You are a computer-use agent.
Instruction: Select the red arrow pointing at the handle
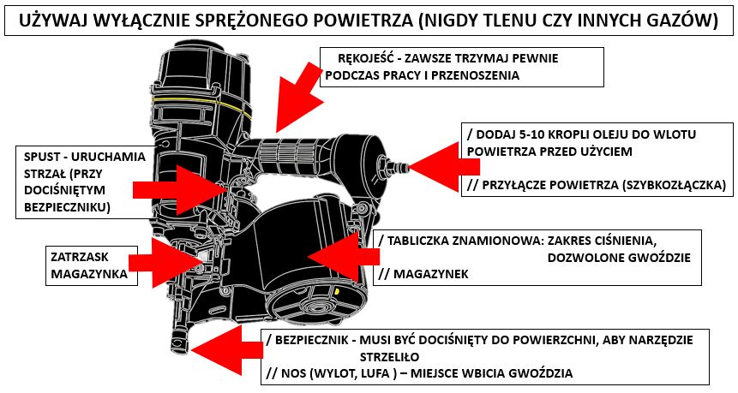[297, 94]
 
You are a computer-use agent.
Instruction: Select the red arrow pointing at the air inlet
[443, 166]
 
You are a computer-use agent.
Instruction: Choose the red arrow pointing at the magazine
[344, 256]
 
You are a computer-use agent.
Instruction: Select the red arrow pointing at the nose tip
[227, 349]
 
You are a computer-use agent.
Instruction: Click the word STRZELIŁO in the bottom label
[390, 357]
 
